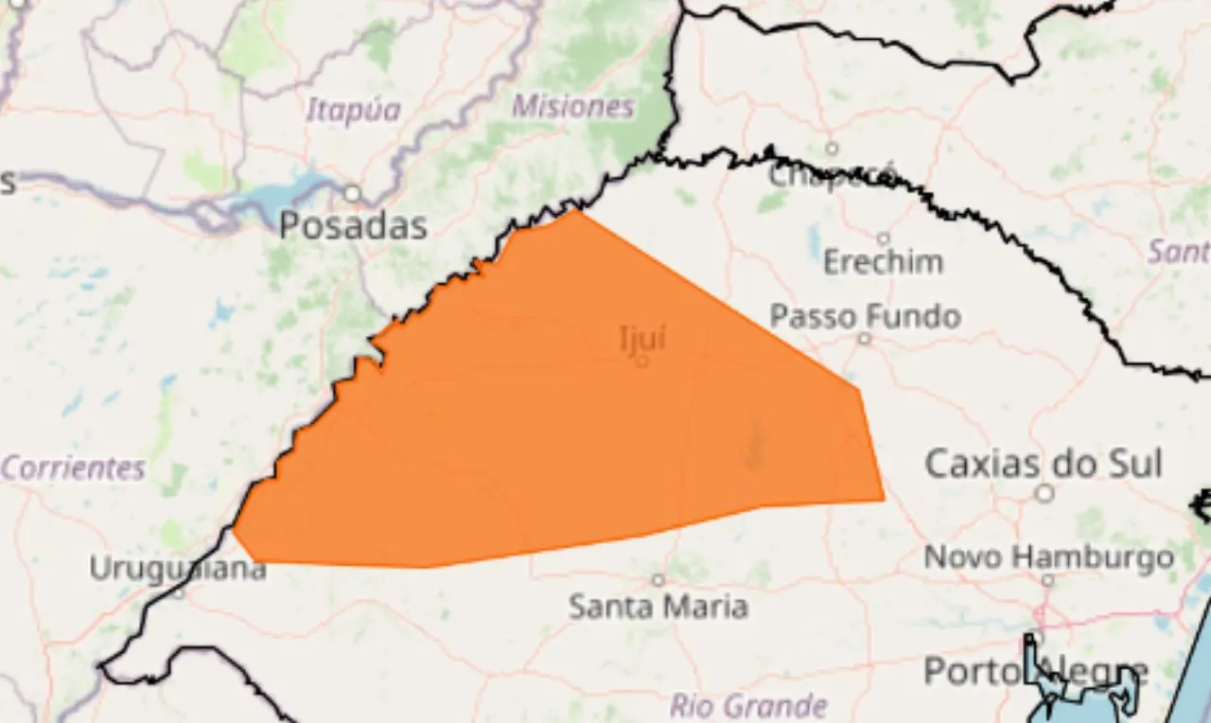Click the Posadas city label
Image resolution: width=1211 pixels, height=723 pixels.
[352, 226]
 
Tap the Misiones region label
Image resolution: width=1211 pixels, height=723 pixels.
[572, 107]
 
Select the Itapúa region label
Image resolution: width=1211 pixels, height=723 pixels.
[353, 111]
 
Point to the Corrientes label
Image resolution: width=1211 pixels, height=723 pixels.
[73, 467]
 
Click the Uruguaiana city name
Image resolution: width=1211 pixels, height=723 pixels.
[178, 569]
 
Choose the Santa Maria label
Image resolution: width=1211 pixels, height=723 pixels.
[658, 606]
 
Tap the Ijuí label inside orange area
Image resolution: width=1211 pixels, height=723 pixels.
[642, 338]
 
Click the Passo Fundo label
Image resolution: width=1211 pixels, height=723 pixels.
[865, 316]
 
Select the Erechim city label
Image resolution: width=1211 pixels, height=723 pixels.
[883, 261]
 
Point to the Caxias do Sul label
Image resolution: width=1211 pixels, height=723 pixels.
[1043, 464]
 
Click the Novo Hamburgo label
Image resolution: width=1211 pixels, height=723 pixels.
[1048, 557]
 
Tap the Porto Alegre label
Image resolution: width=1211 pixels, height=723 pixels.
[1035, 672]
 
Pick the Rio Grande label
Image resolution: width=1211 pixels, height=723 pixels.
[748, 705]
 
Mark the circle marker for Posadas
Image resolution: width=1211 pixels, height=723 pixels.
[352, 194]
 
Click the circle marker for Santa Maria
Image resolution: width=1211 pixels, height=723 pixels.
[658, 580]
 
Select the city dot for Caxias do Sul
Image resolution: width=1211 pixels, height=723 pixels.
[1044, 493]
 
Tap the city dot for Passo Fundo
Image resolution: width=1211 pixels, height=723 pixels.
[864, 338]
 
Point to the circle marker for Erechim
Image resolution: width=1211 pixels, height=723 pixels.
[883, 238]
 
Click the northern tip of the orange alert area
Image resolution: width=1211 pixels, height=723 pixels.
[578, 211]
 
